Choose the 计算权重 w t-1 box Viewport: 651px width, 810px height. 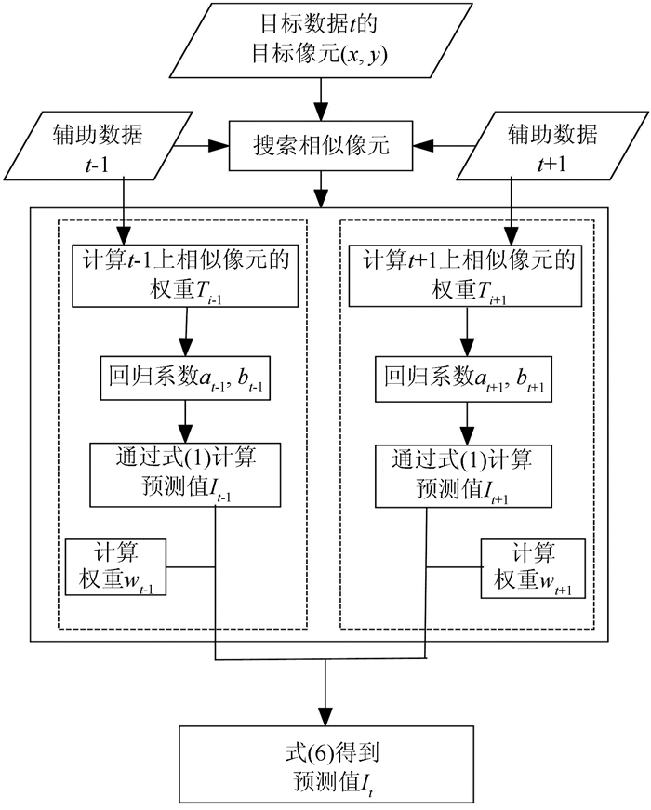[116, 566]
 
